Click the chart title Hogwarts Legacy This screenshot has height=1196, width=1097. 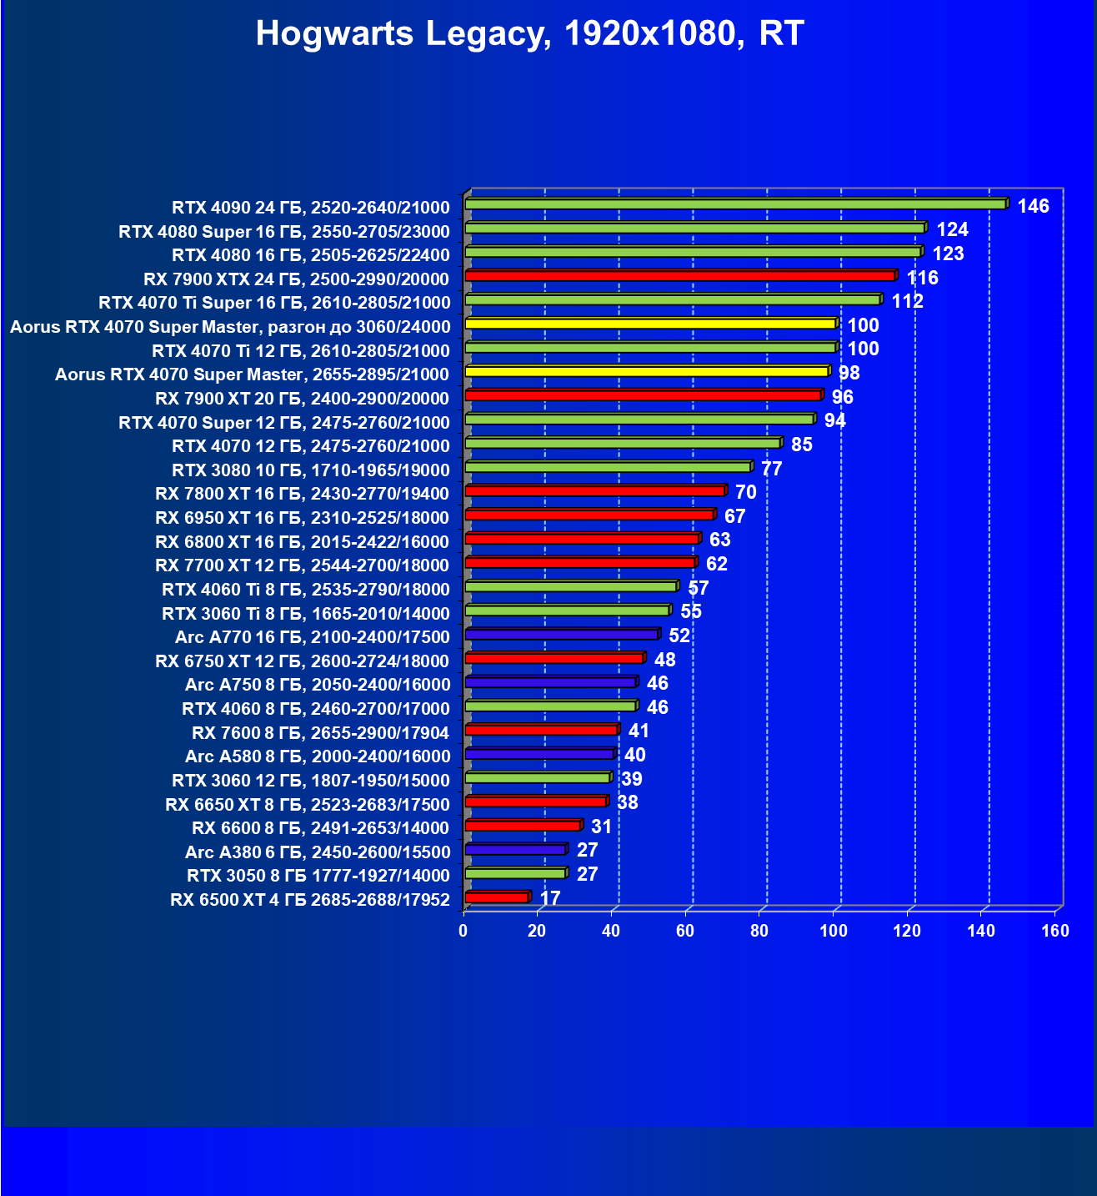click(529, 33)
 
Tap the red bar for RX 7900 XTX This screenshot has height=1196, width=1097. click(680, 276)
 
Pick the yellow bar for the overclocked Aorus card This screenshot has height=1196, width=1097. click(650, 324)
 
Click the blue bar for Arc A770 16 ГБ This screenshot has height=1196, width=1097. click(562, 635)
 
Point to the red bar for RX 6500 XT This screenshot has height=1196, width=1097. click(497, 897)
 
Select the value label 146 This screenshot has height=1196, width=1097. click(1033, 206)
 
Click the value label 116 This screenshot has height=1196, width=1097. click(923, 278)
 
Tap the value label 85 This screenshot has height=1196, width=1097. click(801, 445)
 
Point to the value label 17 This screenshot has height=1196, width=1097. click(550, 898)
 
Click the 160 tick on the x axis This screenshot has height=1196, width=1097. click(1055, 931)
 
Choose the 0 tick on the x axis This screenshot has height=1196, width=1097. click(463, 931)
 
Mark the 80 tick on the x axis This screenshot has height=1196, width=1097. click(759, 931)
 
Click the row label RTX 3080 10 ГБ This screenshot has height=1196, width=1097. click(310, 470)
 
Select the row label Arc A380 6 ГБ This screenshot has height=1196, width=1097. click(317, 852)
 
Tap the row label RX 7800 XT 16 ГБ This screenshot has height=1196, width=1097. click(302, 494)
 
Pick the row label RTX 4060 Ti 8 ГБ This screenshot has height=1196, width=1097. click(305, 590)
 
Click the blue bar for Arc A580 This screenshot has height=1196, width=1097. click(539, 754)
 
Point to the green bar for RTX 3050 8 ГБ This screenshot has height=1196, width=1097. click(515, 873)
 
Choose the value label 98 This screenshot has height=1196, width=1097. click(849, 373)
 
